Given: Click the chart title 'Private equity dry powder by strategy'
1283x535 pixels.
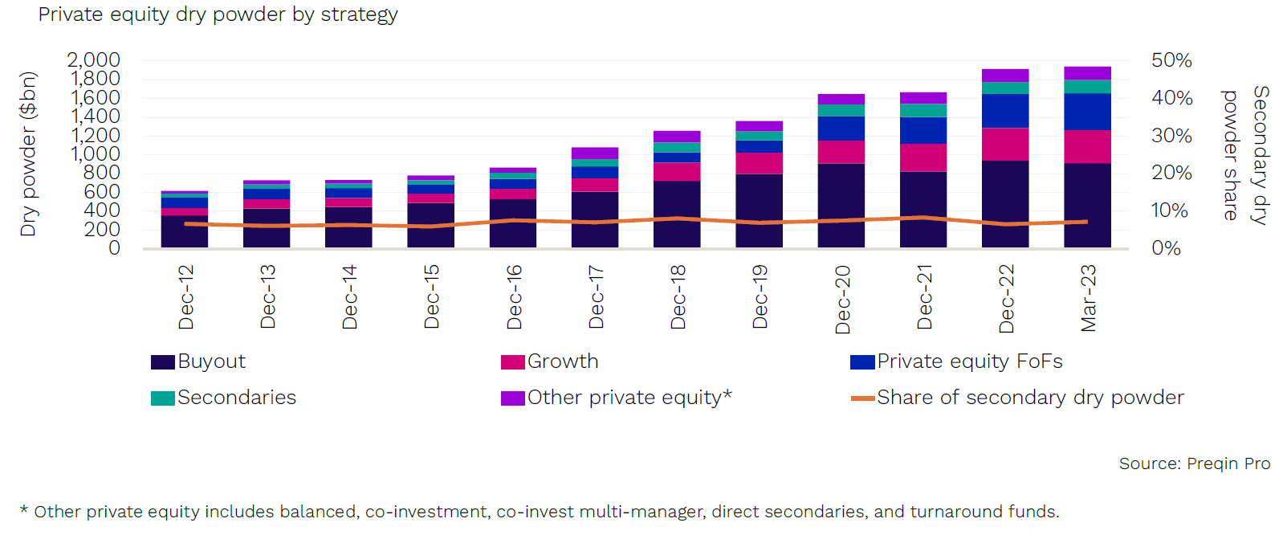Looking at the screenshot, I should click(x=218, y=14).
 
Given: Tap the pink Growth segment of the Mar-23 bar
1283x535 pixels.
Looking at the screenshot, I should click(x=1087, y=146).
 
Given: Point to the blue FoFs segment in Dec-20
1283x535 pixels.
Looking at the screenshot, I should click(x=841, y=129).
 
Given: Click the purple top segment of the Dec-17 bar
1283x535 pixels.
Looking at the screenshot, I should click(x=595, y=153).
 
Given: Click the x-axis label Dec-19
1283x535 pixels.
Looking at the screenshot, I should click(x=760, y=296).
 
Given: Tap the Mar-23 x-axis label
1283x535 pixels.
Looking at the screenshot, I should click(x=1088, y=298).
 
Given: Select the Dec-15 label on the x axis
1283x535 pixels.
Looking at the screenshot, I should click(x=431, y=296).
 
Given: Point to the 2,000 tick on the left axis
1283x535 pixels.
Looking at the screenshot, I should click(x=94, y=60).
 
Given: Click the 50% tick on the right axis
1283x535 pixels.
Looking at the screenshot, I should click(x=1171, y=60).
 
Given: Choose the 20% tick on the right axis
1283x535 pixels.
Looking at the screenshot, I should click(x=1171, y=173).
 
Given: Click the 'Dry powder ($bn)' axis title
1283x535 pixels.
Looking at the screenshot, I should click(x=29, y=153).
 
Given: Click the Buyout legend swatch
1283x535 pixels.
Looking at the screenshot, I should click(x=162, y=362).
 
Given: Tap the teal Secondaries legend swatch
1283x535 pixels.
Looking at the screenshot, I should click(x=162, y=398).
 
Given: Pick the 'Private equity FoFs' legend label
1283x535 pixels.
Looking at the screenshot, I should click(x=969, y=361).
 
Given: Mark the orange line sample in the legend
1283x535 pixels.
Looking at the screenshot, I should click(x=862, y=398).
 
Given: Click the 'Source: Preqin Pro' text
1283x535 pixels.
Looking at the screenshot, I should click(x=1194, y=464).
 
